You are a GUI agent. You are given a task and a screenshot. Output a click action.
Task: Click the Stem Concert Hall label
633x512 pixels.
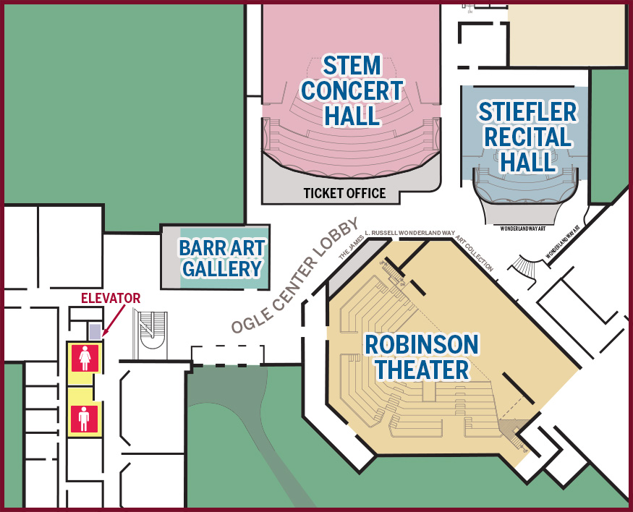click(x=352, y=90)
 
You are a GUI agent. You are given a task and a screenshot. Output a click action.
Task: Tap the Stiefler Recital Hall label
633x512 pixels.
click(x=528, y=137)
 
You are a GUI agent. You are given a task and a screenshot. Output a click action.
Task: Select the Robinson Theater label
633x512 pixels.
click(x=422, y=357)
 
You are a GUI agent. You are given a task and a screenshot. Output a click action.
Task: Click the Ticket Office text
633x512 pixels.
click(x=345, y=193)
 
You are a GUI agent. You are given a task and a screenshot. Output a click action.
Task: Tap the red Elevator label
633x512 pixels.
click(x=110, y=298)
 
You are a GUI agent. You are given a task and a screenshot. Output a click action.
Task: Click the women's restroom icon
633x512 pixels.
click(x=85, y=358)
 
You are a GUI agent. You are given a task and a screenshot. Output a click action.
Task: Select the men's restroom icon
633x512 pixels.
click(x=85, y=419)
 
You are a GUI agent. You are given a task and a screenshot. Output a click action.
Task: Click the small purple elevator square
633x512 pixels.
click(x=95, y=331)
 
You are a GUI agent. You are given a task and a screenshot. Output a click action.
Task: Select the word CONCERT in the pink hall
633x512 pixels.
click(x=352, y=90)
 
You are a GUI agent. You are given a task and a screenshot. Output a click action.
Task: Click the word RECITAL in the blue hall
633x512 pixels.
click(x=528, y=137)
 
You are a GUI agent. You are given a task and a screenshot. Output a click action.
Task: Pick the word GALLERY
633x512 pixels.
click(x=222, y=269)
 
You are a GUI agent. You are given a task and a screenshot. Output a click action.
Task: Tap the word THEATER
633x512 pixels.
click(x=422, y=370)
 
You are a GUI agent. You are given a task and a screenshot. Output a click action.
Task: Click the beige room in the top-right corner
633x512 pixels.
click(x=567, y=33)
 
